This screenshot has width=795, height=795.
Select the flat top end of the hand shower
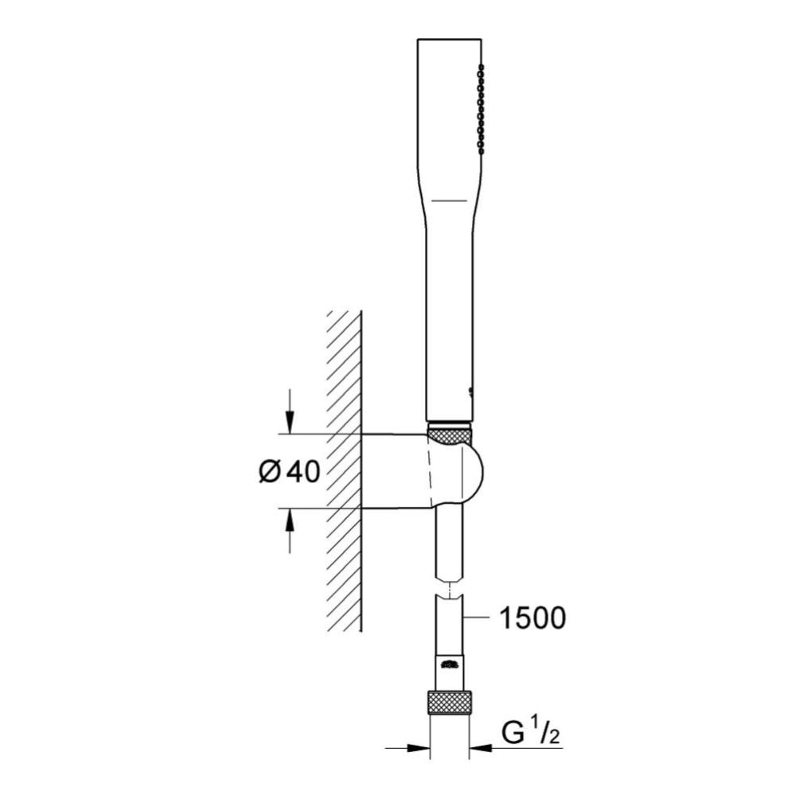click(x=449, y=38)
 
